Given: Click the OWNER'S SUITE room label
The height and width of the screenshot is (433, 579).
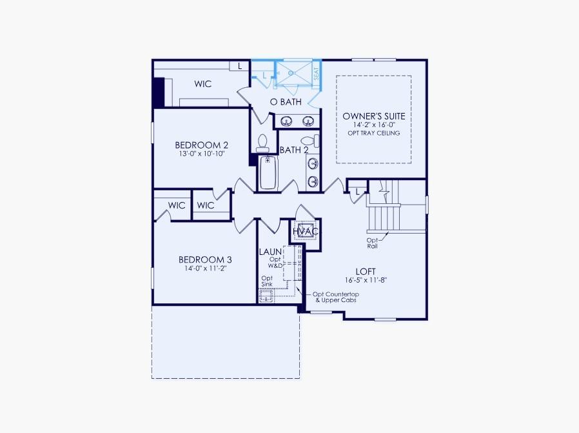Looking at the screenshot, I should click(374, 116).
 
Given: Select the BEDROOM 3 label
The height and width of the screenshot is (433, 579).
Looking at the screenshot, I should click(205, 259).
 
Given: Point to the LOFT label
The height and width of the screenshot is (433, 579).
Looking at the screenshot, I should click(366, 271).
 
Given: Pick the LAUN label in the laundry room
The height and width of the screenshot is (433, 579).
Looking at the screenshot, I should click(270, 251).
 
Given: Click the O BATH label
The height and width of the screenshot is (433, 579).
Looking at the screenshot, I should click(285, 102).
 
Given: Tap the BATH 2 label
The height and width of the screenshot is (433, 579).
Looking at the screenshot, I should click(293, 150).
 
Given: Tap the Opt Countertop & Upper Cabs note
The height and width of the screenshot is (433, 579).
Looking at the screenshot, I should click(335, 297).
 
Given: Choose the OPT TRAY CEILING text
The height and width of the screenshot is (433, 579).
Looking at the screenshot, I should click(374, 133).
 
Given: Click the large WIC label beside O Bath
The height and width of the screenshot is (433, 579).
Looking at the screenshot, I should click(203, 84).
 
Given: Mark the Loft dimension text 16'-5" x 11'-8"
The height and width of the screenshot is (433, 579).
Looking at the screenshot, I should click(366, 280).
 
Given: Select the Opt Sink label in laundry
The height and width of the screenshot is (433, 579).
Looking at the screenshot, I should click(267, 281).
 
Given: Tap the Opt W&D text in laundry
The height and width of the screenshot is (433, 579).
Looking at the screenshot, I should click(275, 262).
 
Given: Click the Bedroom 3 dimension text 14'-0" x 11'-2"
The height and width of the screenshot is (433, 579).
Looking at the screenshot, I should click(205, 269).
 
